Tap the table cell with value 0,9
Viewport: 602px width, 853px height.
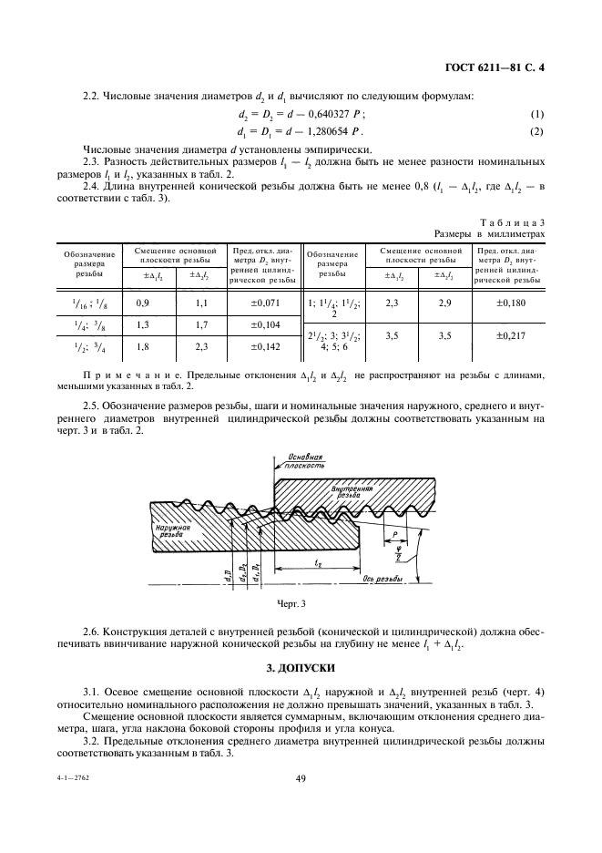[x=143, y=302]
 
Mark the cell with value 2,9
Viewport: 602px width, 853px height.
[x=444, y=302]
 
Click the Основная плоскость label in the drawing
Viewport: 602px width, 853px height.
[x=307, y=459]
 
